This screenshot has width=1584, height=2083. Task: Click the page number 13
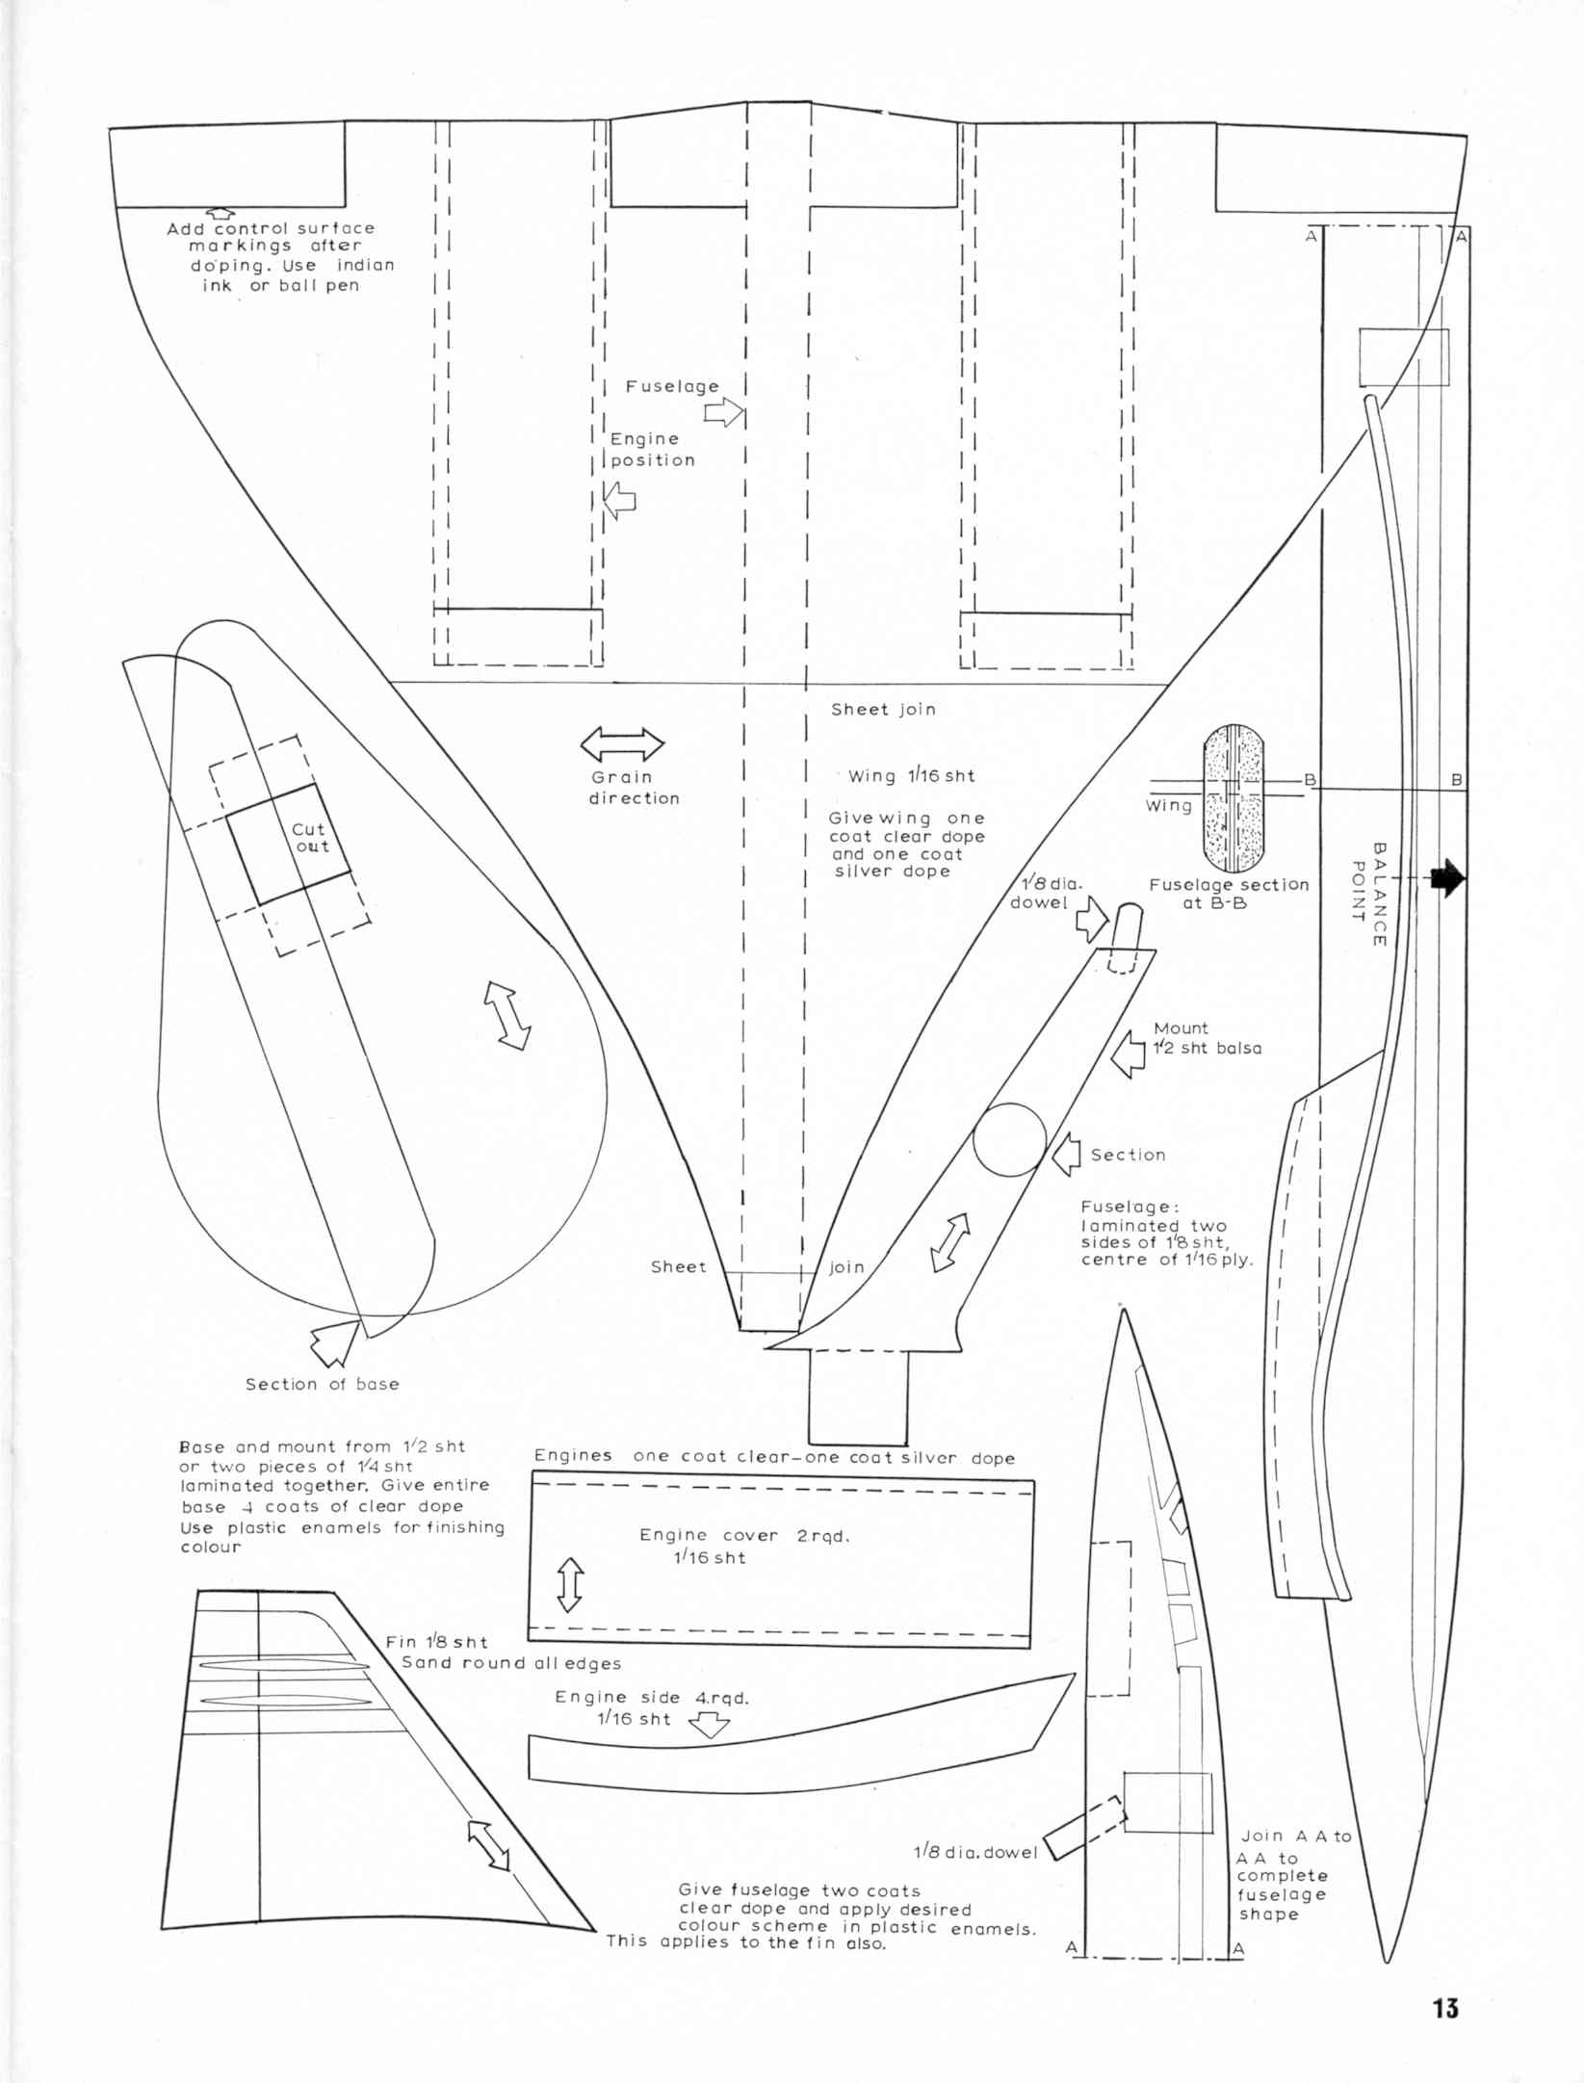click(x=1445, y=2008)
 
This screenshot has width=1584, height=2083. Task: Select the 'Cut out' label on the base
click(x=309, y=838)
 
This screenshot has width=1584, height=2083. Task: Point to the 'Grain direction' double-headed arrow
click(x=622, y=744)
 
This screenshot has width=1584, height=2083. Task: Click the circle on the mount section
click(x=1009, y=1139)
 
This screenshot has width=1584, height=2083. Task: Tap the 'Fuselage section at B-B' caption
click(x=1229, y=894)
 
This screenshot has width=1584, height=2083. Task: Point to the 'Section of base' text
click(x=322, y=1384)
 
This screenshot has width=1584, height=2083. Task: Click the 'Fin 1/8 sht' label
click(x=436, y=1642)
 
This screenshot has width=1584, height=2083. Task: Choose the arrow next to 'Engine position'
click(x=619, y=500)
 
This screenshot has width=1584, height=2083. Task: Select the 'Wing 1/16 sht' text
click(x=911, y=775)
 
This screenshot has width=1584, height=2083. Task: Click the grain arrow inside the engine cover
click(x=570, y=1584)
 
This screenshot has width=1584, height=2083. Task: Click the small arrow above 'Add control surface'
click(x=221, y=212)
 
